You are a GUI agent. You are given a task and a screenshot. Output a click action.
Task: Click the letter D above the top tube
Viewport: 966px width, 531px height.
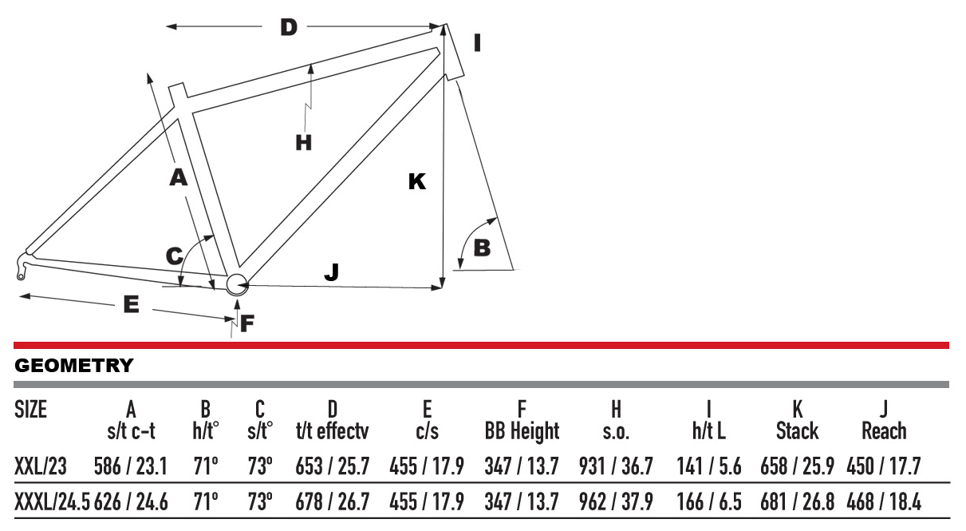pos(289,27)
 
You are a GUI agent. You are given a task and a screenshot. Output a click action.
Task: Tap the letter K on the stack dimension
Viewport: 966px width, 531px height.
pos(417,181)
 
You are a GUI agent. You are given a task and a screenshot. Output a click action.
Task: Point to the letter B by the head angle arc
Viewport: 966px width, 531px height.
pos(482,248)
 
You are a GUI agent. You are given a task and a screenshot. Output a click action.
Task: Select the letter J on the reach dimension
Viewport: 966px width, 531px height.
pos(332,272)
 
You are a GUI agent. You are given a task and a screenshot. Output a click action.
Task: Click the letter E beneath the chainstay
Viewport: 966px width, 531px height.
pos(131,304)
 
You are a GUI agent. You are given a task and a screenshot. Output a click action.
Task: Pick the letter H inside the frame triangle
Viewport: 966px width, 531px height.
pos(304,142)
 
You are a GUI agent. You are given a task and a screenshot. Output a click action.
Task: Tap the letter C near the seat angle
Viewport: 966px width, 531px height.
pos(175,256)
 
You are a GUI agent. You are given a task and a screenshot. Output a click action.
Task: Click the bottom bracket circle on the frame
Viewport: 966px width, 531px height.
pos(237,284)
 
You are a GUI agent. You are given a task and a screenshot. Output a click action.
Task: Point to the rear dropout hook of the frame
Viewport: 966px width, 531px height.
pos(22,267)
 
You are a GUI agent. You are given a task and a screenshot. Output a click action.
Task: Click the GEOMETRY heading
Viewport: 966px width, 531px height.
pos(73,365)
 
